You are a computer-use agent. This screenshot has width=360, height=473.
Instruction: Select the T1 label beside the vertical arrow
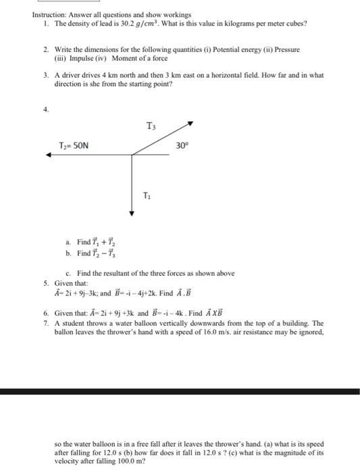point(147,195)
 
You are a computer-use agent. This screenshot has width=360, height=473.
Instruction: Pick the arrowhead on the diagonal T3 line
point(191,124)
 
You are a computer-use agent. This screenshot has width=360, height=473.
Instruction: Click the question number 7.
point(46,324)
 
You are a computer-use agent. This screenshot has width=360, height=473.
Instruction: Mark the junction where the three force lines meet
point(132,155)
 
